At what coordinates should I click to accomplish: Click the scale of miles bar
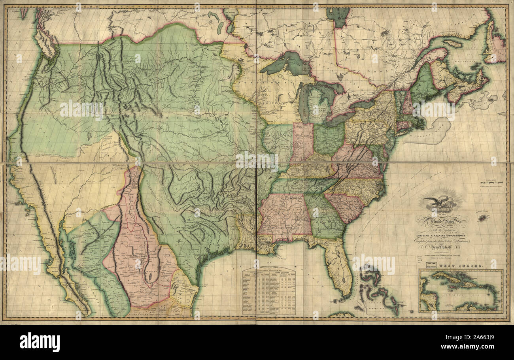click(491, 183)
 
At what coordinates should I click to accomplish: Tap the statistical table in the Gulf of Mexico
click(269, 291)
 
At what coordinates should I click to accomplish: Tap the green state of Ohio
click(328, 138)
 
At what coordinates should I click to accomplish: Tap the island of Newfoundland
click(496, 43)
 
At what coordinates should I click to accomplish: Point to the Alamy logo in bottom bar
click(40, 342)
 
